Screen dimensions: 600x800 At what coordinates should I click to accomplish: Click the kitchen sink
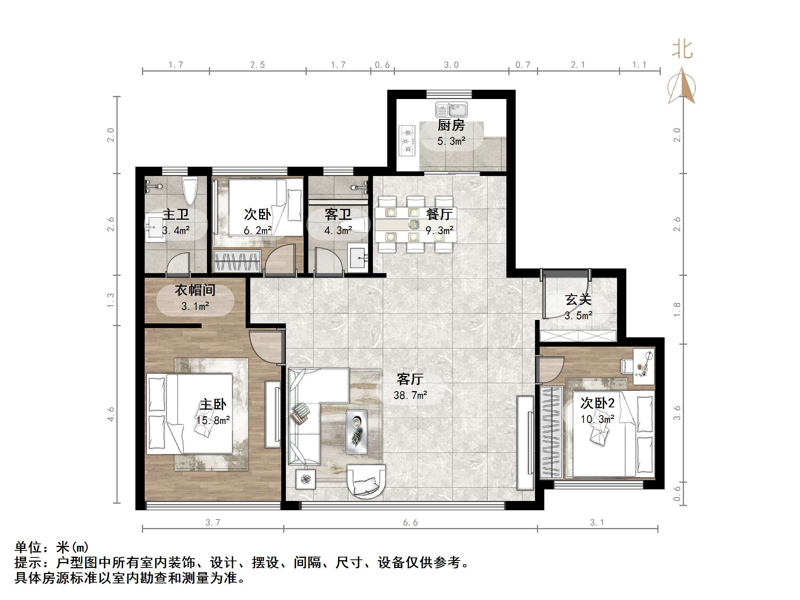pos(451,110)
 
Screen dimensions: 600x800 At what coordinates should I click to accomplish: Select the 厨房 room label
pos(451,125)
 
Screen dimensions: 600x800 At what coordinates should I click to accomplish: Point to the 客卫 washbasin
pos(359,257)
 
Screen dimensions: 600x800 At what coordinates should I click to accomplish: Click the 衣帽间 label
pos(195,290)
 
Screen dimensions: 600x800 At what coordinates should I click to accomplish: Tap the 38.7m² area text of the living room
pos(410,395)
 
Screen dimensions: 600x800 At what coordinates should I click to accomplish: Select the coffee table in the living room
pos(357,432)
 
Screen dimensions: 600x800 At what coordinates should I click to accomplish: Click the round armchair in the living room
pos(366,483)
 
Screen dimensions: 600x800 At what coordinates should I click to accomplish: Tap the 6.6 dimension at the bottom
pos(410,523)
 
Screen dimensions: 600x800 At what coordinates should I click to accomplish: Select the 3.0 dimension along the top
pos(451,65)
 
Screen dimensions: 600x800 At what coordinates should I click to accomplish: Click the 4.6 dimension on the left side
pos(111,414)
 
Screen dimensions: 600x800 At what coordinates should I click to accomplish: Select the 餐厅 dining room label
pos(439,214)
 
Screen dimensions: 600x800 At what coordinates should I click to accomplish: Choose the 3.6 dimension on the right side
pos(677,413)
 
